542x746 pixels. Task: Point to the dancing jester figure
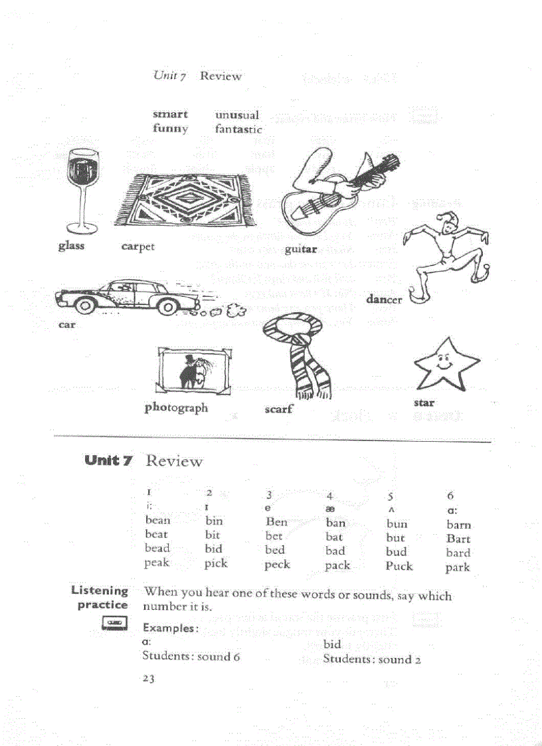click(x=446, y=262)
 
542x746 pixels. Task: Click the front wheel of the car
click(x=85, y=306)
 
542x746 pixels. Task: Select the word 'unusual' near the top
click(x=237, y=115)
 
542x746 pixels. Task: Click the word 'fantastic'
click(x=238, y=130)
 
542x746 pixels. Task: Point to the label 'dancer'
click(x=384, y=300)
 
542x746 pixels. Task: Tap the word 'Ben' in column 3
click(x=276, y=522)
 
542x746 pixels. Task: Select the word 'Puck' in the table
click(x=399, y=566)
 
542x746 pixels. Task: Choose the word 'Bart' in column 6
click(x=458, y=539)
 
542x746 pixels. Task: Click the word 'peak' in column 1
click(x=157, y=563)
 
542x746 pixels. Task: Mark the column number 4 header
click(x=329, y=495)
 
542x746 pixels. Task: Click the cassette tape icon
click(x=114, y=623)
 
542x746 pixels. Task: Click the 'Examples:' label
click(x=170, y=628)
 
